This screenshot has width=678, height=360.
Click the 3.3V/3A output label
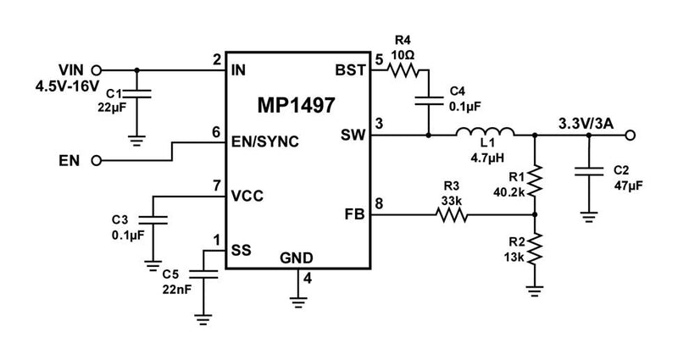pyautogui.click(x=586, y=121)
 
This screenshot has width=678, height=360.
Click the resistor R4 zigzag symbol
pyautogui.click(x=403, y=71)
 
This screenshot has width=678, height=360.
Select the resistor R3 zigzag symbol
pyautogui.click(x=452, y=216)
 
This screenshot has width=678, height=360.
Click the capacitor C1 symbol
pyautogui.click(x=138, y=96)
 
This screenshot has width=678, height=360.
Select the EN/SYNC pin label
pyautogui.click(x=264, y=141)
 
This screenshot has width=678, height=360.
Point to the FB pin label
pyautogui.click(x=353, y=216)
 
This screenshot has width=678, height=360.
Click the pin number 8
pyautogui.click(x=379, y=202)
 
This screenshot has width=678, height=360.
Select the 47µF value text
pyautogui.click(x=627, y=184)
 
